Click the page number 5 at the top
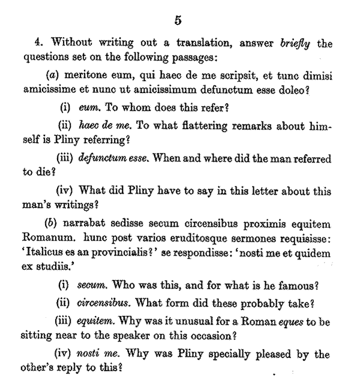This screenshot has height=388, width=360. (178, 20)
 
